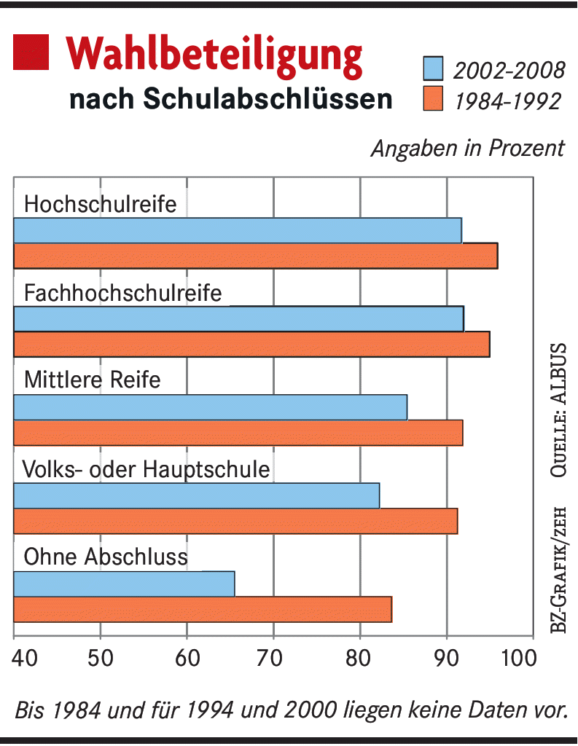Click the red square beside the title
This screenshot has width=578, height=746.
(31, 52)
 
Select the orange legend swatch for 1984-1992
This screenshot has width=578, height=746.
(433, 99)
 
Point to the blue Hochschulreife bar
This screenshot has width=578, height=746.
(238, 230)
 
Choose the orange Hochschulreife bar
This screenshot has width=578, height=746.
(255, 256)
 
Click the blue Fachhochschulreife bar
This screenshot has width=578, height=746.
(238, 319)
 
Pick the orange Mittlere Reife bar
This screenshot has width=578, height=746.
(238, 433)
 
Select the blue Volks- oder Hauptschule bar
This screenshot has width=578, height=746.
(197, 495)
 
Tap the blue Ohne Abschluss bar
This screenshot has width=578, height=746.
(124, 584)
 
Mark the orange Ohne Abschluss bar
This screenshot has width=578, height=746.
(203, 609)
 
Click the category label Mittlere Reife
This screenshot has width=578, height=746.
(92, 380)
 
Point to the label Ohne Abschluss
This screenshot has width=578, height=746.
(106, 557)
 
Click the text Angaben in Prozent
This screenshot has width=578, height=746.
(467, 148)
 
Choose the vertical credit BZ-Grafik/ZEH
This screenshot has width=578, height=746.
(558, 560)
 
